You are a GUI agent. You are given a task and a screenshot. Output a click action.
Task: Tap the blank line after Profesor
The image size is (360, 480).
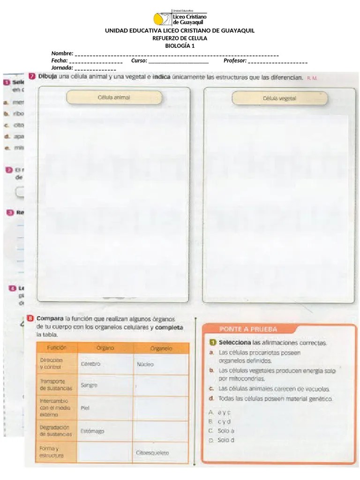pyautogui.click(x=277, y=62)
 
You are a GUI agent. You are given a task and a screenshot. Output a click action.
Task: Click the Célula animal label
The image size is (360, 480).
pyautogui.click(x=114, y=97)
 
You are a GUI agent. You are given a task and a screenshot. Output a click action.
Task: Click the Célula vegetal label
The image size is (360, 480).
pyautogui.click(x=279, y=98)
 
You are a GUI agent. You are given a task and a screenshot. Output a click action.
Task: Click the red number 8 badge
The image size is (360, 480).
pyautogui.click(x=30, y=318)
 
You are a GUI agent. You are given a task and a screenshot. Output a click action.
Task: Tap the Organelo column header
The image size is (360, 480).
pyautogui.click(x=161, y=349)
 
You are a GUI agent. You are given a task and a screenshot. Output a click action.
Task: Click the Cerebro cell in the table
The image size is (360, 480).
pyautogui.click(x=91, y=364)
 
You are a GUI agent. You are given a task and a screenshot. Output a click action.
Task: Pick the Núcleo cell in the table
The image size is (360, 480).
pyautogui.click(x=145, y=364)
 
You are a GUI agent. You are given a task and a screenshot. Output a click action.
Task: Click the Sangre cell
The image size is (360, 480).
pyautogui.click(x=90, y=385)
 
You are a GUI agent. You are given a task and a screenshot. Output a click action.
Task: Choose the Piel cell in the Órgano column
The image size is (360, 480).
pyautogui.click(x=85, y=408)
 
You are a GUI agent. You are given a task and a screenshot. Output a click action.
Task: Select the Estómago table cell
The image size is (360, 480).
pyautogui.click(x=92, y=431)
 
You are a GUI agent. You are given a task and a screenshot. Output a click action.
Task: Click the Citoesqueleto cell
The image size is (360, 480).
pyautogui.click(x=152, y=453)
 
